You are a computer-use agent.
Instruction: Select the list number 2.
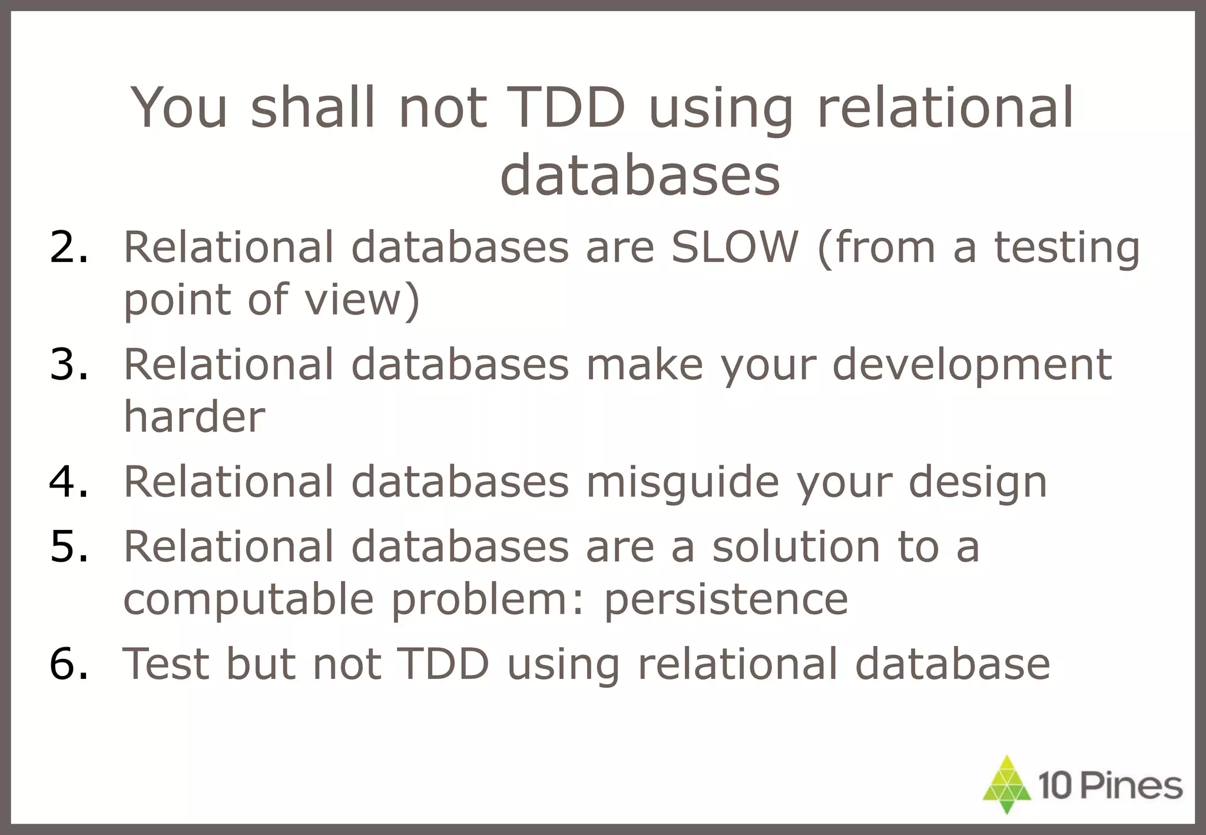click(x=69, y=247)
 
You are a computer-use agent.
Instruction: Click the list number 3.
click(x=69, y=364)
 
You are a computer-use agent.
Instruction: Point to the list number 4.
click(x=69, y=481)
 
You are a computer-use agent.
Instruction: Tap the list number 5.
click(x=69, y=546)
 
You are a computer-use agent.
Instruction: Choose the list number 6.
click(x=69, y=664)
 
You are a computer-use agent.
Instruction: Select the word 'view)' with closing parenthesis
click(x=362, y=299)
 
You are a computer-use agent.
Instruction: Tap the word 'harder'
click(x=194, y=416)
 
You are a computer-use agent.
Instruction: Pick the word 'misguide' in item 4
click(x=682, y=482)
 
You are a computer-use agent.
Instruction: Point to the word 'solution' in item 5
click(x=796, y=546)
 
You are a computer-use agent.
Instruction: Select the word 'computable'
click(x=248, y=599)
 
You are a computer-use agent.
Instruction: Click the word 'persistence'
click(x=725, y=599)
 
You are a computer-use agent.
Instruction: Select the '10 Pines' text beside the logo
click(x=1110, y=786)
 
